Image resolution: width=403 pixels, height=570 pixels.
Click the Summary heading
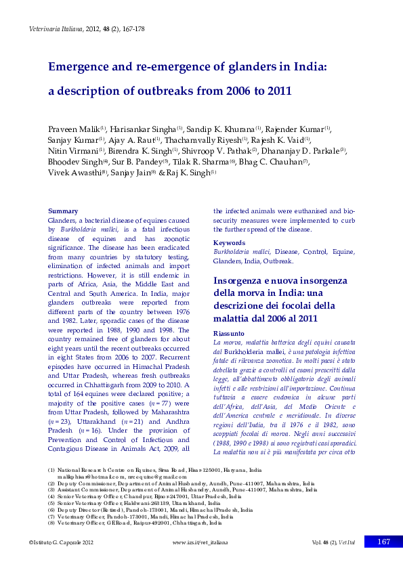tap(61, 212)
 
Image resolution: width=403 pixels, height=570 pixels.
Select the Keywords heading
tap(228, 242)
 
